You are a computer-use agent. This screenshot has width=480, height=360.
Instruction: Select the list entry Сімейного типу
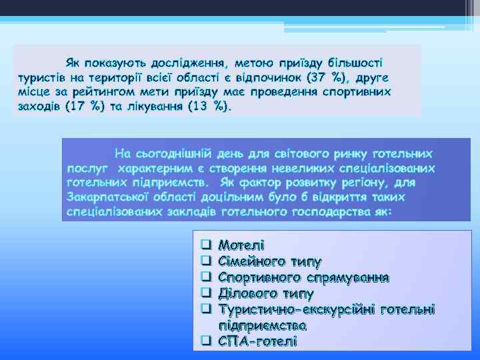[x=270, y=261]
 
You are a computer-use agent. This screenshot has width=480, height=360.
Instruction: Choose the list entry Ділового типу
[x=266, y=293]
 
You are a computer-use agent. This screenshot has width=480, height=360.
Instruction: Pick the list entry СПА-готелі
[x=257, y=341]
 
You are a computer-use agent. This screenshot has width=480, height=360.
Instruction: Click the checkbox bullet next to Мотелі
[x=206, y=245]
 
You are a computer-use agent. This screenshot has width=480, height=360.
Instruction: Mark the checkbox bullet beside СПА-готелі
[x=206, y=341]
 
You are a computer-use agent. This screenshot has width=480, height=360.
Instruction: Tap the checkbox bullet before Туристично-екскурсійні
[x=206, y=309]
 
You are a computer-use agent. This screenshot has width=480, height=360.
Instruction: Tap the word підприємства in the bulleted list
[x=263, y=325]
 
